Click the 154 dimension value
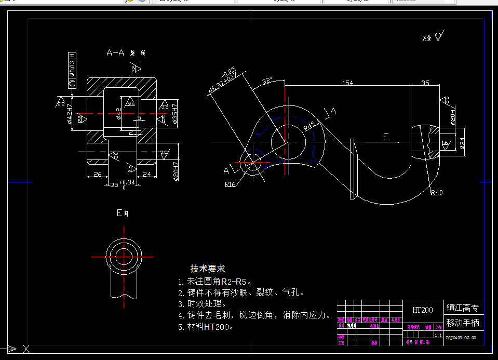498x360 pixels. tap(348, 83)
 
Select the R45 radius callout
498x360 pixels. tap(309, 125)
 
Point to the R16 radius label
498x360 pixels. tap(231, 184)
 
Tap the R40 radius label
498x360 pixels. tap(436, 193)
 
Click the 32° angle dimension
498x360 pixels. tap(267, 81)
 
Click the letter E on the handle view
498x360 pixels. tap(385, 137)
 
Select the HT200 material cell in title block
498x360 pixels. tap(423, 310)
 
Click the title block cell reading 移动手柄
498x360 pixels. tap(463, 323)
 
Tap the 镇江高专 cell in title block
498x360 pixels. tap(463, 308)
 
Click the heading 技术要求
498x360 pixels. tap(208, 269)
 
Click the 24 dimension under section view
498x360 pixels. tap(146, 175)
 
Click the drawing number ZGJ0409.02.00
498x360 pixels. tap(461, 338)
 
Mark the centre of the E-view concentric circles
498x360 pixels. tap(124, 256)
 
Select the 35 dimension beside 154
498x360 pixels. tap(425, 83)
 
